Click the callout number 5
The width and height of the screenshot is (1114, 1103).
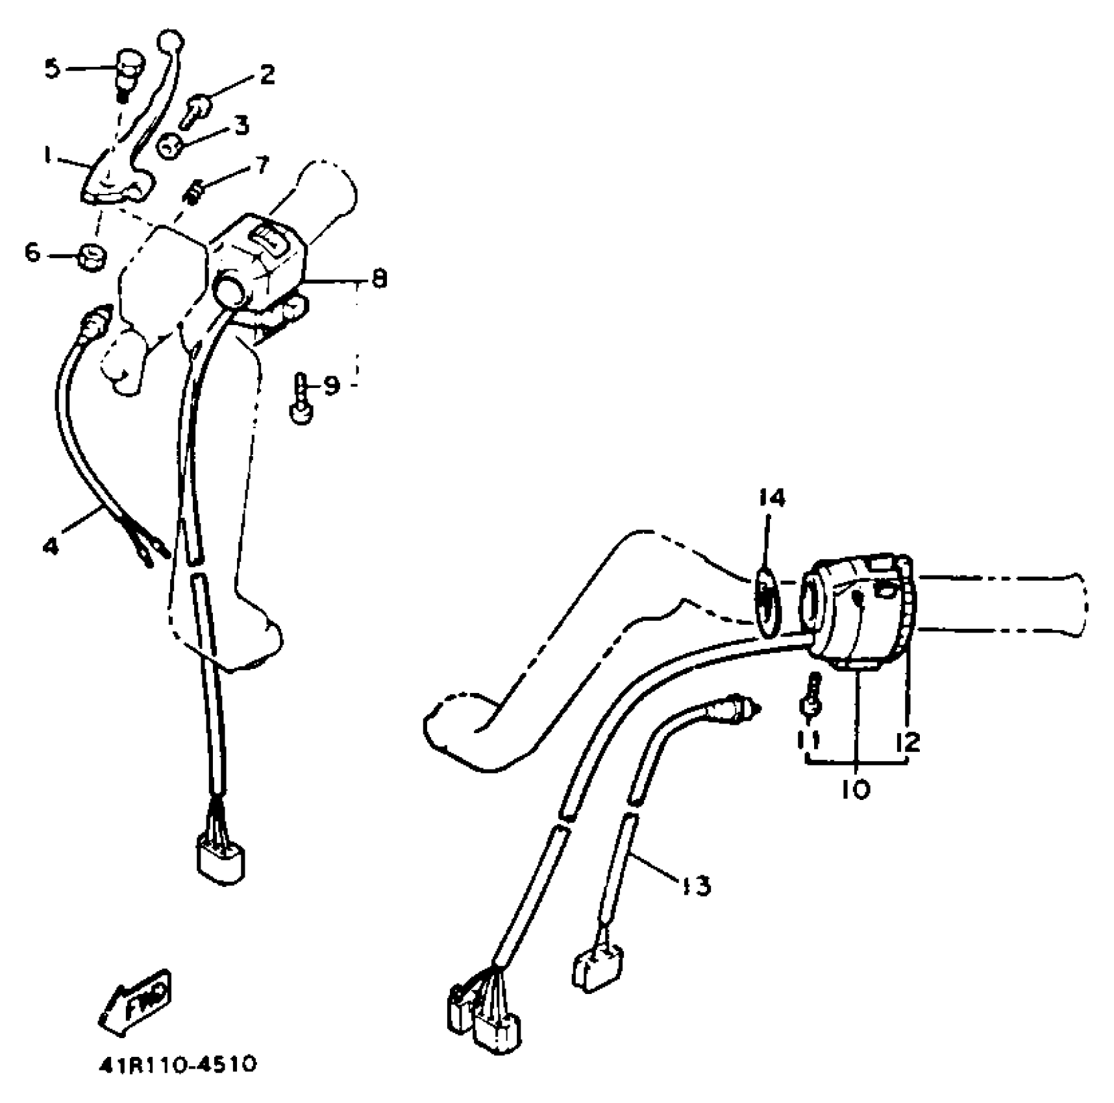point(53,69)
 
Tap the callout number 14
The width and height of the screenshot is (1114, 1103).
point(771,499)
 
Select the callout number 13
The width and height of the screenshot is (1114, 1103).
point(695,885)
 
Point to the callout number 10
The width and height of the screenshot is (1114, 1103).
point(856,790)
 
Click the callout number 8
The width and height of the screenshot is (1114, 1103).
point(379,279)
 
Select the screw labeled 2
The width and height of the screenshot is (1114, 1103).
point(195,110)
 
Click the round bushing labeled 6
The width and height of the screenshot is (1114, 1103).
point(92,256)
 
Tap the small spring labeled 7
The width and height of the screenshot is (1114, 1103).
point(195,191)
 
